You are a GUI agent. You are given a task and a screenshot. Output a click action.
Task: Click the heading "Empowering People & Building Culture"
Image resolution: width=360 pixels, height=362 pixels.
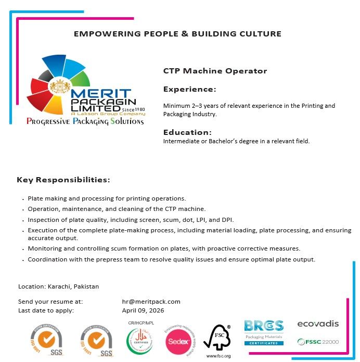click(177, 34)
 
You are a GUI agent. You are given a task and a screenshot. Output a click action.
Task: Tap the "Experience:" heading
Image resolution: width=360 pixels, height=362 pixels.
click(189, 89)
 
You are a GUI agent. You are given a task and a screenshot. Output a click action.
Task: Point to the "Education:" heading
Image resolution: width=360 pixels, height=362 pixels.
click(187, 132)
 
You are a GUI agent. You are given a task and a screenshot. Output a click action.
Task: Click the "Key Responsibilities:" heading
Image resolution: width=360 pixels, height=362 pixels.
click(63, 180)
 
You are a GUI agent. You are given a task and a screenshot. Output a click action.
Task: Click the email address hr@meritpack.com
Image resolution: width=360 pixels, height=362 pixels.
click(151, 302)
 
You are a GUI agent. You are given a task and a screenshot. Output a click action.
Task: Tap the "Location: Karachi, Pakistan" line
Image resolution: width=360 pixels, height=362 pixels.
click(58, 286)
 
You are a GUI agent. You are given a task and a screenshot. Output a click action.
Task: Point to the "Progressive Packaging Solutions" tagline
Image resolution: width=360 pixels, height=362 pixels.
click(85, 121)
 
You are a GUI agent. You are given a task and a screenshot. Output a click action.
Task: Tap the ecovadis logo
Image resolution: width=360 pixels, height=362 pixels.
click(317, 324)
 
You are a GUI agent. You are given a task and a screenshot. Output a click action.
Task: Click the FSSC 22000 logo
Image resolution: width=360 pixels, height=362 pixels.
click(317, 342)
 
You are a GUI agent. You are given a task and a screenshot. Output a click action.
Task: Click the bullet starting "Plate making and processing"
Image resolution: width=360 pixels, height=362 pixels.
click(107, 198)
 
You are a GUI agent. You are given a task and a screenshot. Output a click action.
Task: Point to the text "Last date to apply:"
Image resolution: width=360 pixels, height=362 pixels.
click(46, 310)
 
